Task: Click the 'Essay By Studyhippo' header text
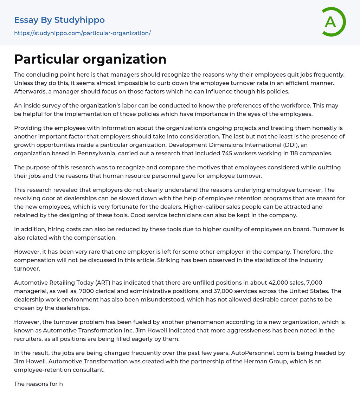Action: point(59,20)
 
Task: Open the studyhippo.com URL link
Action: point(82,33)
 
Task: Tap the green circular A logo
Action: point(332,22)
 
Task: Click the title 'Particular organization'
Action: point(90,59)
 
